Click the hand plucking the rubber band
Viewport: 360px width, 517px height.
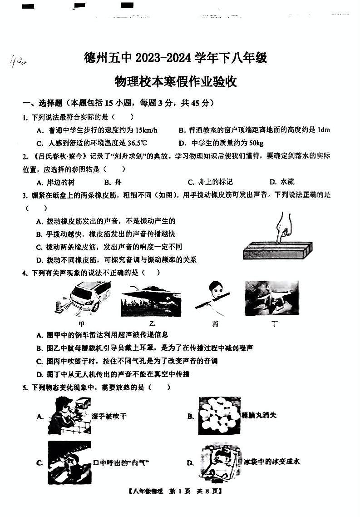tap(283, 226)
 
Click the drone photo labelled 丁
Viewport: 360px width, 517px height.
tap(271, 298)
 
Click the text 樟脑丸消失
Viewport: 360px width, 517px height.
tap(260, 415)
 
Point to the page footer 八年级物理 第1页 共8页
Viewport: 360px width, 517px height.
tap(176, 491)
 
